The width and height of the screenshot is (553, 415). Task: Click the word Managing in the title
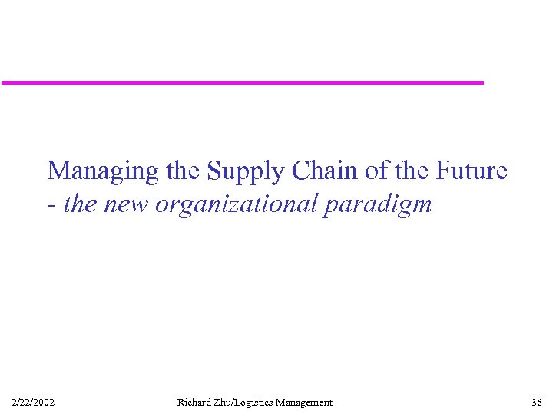(x=101, y=171)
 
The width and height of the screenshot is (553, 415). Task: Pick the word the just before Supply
(x=182, y=170)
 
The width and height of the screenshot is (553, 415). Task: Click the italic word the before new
(x=79, y=204)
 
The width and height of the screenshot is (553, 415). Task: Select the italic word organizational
(x=236, y=204)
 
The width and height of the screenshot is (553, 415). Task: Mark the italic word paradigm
(x=378, y=204)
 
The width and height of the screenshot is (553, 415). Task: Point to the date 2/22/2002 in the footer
(x=33, y=402)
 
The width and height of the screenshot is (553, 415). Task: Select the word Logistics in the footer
(x=260, y=402)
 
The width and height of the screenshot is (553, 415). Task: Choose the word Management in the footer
(x=306, y=402)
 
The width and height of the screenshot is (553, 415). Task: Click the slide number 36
(x=536, y=402)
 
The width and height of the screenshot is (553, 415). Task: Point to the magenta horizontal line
(x=242, y=82)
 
